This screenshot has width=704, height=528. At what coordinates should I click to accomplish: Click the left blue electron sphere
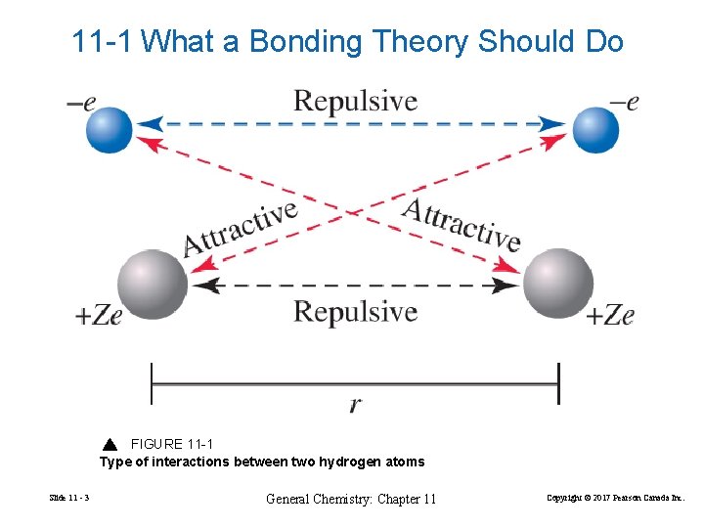(x=109, y=129)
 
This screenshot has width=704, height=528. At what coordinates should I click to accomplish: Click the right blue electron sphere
(x=595, y=129)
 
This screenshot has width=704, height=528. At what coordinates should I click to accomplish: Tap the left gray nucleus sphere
(x=152, y=284)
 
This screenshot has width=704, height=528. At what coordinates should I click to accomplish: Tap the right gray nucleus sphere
(x=557, y=284)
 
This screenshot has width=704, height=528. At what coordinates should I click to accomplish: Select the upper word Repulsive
(x=355, y=102)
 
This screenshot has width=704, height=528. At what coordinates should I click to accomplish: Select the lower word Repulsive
(x=355, y=312)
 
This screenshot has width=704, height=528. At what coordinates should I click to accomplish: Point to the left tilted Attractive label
(x=241, y=228)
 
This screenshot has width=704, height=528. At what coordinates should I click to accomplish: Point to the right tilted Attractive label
(x=462, y=224)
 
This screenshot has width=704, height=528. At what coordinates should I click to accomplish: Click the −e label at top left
(x=81, y=102)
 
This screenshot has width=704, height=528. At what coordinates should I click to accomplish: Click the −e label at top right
(x=623, y=102)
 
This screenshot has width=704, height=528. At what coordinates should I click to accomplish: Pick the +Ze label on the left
(x=99, y=316)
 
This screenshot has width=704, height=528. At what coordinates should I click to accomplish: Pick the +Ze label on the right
(x=610, y=315)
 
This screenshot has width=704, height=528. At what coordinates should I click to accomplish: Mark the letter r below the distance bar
(x=354, y=405)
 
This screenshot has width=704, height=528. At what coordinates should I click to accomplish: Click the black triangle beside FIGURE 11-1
(x=110, y=444)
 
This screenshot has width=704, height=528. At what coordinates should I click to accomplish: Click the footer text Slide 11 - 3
(x=67, y=500)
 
